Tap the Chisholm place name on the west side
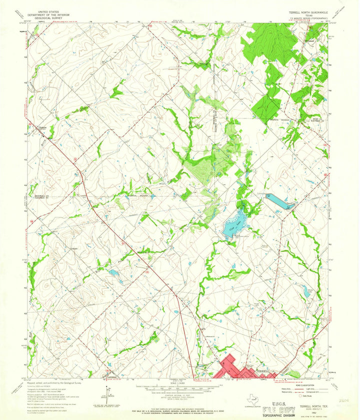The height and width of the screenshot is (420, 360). (x=44, y=127)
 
